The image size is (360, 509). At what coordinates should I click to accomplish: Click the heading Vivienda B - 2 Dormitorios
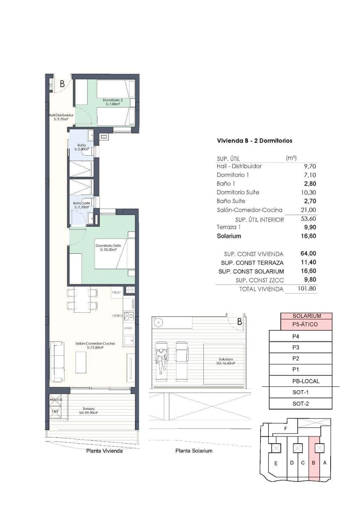pos(254,140)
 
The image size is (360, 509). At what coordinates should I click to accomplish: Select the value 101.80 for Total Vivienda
pos(307,289)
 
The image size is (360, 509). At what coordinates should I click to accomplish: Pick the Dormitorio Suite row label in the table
pos(238,192)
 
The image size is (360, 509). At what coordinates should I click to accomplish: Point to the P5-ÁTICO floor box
pos(306,324)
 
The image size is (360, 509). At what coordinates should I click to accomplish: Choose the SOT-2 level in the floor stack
pos(301,403)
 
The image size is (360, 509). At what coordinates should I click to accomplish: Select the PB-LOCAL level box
pos(301,381)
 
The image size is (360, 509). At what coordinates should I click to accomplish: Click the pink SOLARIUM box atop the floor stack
pos(307,316)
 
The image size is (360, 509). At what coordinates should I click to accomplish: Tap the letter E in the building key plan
pos(276,463)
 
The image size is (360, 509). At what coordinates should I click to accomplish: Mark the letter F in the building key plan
pos(286,428)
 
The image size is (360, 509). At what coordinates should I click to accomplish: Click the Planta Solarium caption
pos(194,450)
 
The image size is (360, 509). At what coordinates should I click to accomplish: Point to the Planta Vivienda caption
pos(104,451)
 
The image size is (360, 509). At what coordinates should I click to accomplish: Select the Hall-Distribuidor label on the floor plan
pos(61,117)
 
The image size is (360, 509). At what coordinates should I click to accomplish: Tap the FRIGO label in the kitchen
pos(116,293)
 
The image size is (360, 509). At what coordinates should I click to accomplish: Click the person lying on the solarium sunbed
pos(160,359)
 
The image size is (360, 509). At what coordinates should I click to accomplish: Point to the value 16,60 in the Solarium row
pos(309,236)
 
